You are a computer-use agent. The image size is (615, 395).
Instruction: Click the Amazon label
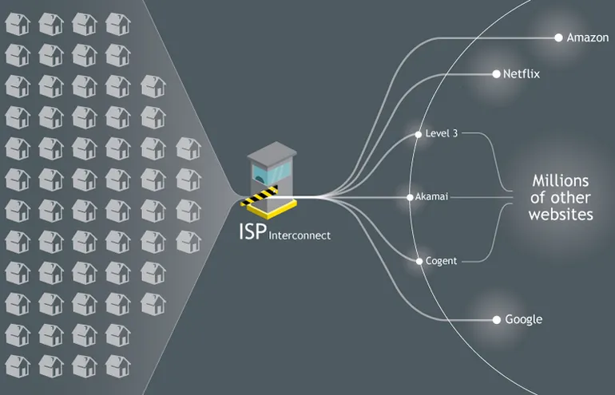point(588,38)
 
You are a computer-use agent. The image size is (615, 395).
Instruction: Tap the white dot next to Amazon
point(558,38)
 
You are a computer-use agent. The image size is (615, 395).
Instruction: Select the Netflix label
point(522,74)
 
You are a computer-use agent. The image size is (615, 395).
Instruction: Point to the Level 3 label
point(442,134)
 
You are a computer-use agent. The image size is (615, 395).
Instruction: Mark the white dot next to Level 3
point(418,135)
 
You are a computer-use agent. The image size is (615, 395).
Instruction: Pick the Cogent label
point(441,261)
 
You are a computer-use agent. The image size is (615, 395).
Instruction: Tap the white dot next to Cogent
point(418,261)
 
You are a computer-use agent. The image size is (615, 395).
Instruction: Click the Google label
point(523,320)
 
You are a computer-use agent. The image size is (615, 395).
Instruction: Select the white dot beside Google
point(496,320)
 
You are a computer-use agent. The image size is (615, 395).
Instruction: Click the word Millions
point(561,180)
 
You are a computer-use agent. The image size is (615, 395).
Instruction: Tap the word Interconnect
point(300,235)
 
